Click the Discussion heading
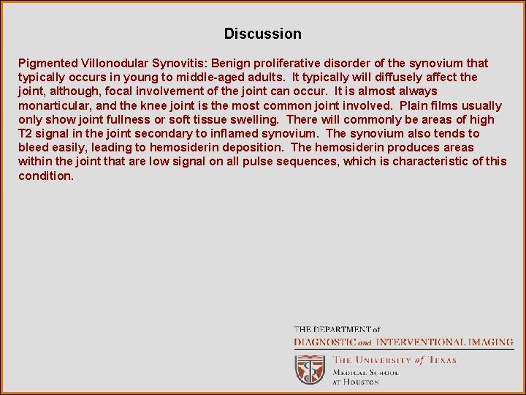click(262, 34)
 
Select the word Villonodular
click(115, 63)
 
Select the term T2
click(26, 133)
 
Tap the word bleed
click(34, 148)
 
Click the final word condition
click(45, 176)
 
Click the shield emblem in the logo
click(310, 369)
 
